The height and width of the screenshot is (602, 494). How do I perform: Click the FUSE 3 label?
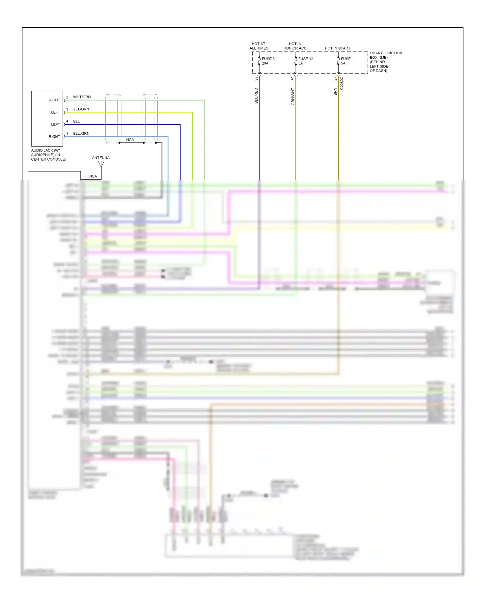(268, 59)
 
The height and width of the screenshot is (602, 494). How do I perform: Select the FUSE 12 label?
(306, 59)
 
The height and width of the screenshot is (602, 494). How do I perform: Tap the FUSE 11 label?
(348, 59)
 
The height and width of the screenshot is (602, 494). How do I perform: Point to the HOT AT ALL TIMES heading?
(259, 46)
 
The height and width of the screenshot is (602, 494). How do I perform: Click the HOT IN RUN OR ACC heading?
(295, 46)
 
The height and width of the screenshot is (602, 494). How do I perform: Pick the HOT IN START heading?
(338, 48)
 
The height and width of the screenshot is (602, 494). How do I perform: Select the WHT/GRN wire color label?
(82, 97)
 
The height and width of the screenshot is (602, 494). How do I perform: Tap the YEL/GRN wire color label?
(81, 109)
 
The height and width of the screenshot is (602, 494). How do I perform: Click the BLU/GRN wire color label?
(81, 134)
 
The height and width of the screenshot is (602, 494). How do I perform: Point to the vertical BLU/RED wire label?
(256, 96)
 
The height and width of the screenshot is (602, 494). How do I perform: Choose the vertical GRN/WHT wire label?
(293, 96)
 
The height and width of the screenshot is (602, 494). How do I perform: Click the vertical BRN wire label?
(335, 92)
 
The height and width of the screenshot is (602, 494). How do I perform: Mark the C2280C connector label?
(342, 83)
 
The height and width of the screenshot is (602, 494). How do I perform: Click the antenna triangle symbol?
(101, 163)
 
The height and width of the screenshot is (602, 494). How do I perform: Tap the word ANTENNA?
(101, 158)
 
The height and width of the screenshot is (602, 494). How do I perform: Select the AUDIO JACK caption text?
(48, 155)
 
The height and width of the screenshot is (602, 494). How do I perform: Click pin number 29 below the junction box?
(256, 79)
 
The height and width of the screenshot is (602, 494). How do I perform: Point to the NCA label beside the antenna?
(93, 177)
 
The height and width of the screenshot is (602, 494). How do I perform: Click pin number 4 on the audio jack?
(67, 122)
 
